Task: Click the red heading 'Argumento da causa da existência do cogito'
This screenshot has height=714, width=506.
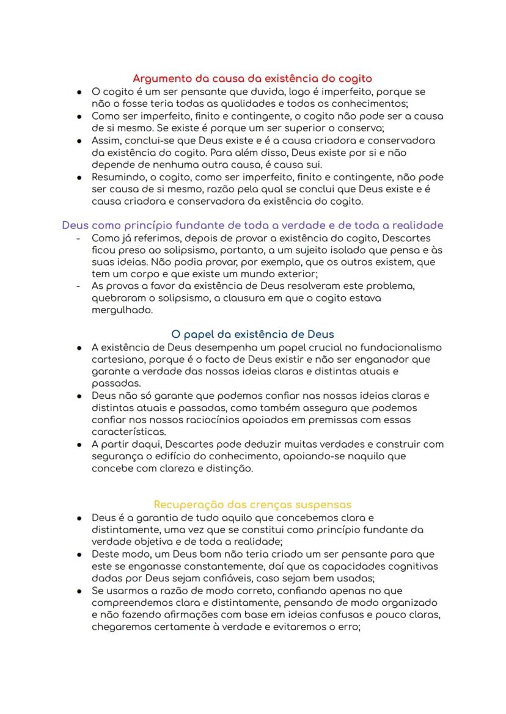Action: point(252,79)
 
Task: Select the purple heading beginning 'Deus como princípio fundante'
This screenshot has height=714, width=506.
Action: point(252,225)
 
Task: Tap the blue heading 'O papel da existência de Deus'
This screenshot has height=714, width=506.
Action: point(252,334)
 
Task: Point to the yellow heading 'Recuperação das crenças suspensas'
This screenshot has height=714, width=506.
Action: point(252,505)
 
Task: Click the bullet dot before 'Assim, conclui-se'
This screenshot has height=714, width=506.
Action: point(79,140)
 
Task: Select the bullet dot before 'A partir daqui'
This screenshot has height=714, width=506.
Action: point(79,444)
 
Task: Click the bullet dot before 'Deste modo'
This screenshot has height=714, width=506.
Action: point(79,554)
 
